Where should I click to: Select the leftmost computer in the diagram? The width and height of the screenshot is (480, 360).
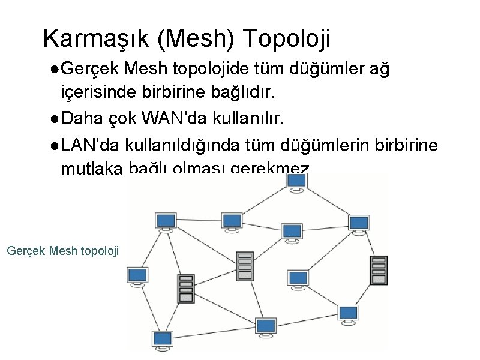click(137, 276)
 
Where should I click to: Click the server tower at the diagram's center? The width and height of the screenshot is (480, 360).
click(244, 265)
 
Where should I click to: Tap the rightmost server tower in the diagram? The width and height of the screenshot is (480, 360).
click(378, 270)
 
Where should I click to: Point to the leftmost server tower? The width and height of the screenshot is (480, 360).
click(186, 288)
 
